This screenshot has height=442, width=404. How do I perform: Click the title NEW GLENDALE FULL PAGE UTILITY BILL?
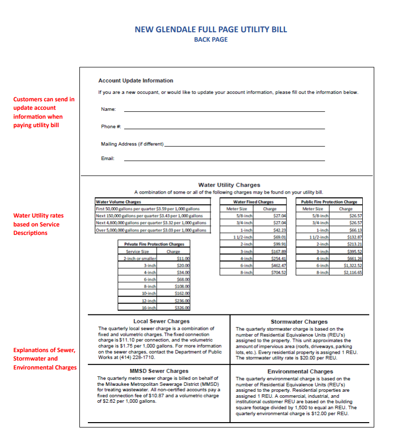(x=210, y=29)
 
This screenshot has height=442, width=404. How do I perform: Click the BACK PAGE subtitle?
(x=210, y=40)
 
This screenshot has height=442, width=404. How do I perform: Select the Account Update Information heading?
(x=135, y=80)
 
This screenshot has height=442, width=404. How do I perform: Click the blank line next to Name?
(x=224, y=110)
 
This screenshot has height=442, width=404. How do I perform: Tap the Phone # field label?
(x=111, y=127)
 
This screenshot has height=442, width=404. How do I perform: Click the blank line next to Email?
(x=224, y=159)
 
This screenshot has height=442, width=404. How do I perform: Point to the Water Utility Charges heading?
(x=229, y=185)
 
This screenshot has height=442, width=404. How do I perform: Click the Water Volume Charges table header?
(x=118, y=202)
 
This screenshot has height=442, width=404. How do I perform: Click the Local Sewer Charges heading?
(x=161, y=321)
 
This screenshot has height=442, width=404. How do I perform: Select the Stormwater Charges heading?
(x=299, y=322)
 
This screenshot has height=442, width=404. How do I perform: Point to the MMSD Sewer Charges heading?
(x=159, y=371)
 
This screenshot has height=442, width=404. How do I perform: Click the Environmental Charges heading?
(x=300, y=371)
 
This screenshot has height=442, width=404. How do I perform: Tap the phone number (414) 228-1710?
(x=129, y=358)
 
